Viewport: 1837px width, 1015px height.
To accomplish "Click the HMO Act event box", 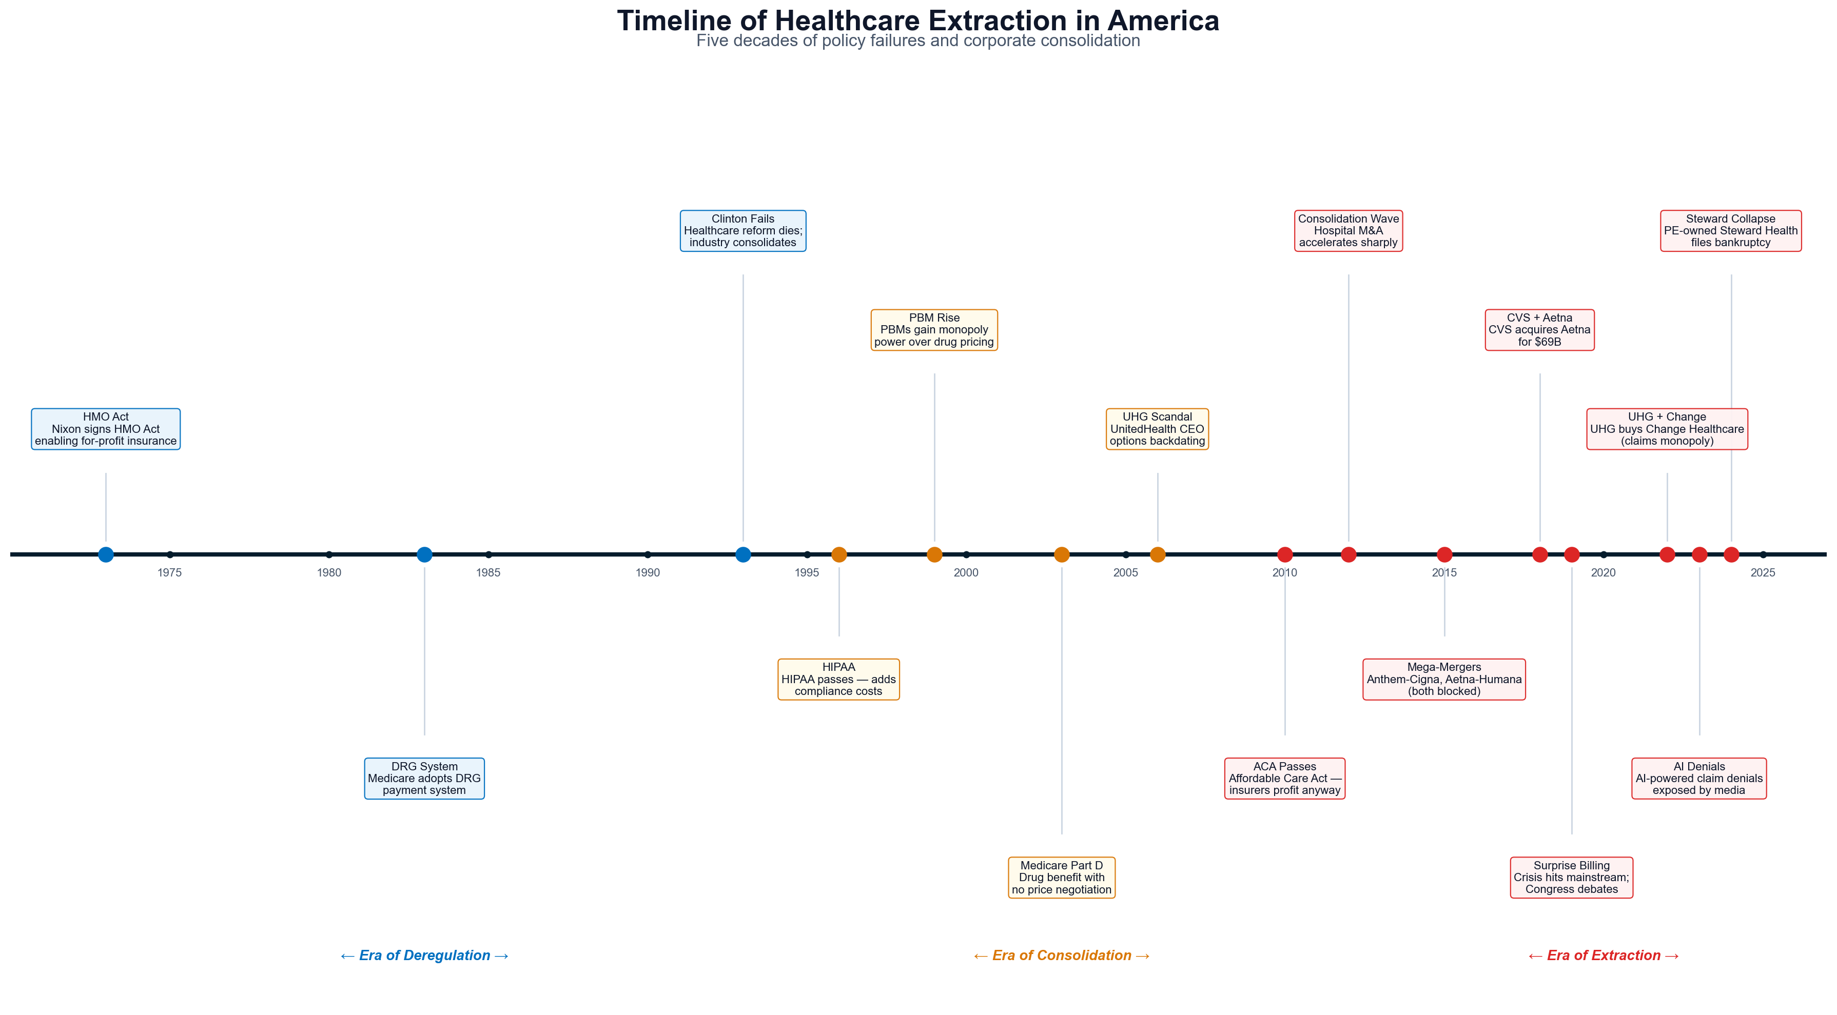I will (x=106, y=429).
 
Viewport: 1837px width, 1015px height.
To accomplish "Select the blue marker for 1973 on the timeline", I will (x=106, y=554).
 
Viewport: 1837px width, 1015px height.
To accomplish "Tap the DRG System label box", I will (x=424, y=779).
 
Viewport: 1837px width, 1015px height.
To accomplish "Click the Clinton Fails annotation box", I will (x=743, y=230).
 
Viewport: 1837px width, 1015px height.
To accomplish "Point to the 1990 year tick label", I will (x=648, y=573).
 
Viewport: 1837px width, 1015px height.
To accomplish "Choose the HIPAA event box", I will (x=838, y=679).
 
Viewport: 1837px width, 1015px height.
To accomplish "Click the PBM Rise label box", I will (x=934, y=330).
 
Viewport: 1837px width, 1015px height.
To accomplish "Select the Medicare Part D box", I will (x=1062, y=878).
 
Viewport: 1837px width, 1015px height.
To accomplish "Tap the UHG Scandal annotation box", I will (x=1158, y=429).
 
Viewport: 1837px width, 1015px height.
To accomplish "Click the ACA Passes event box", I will (x=1285, y=779).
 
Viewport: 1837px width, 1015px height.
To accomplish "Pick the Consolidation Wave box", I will (x=1349, y=230).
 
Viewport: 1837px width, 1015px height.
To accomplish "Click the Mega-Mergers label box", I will (x=1444, y=679).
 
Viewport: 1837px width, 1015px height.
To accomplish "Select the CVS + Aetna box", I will (x=1539, y=330).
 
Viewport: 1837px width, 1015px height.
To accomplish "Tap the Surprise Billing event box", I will (x=1572, y=878).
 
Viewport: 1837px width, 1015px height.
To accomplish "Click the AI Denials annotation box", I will (x=1699, y=779).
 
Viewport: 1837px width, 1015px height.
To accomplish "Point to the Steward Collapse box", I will (x=1731, y=230).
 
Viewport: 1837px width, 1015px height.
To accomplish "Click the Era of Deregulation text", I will (x=424, y=956).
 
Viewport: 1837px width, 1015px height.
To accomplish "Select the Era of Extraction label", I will (x=1604, y=956).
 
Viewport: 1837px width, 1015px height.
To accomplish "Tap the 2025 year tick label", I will (x=1763, y=573).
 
